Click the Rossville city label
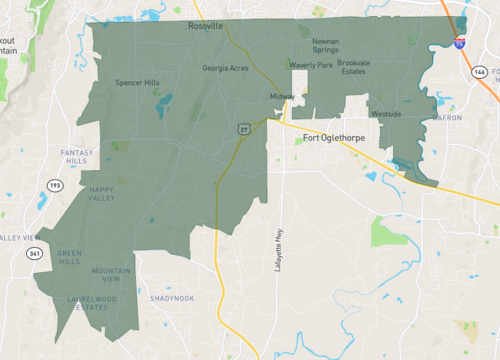[206, 27]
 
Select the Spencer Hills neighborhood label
[137, 82]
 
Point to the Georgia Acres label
[225, 69]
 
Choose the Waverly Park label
[311, 65]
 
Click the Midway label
[282, 96]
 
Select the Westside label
[386, 114]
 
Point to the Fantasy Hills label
[77, 156]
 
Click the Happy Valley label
[101, 193]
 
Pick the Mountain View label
[111, 274]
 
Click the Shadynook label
[172, 298]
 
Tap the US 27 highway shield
[244, 130]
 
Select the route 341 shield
[35, 253]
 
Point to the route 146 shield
[480, 73]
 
